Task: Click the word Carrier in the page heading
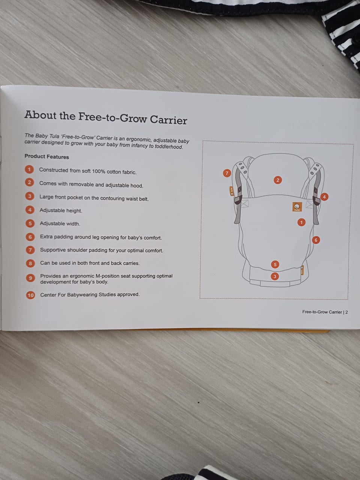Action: pyautogui.click(x=168, y=120)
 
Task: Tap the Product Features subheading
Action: pyautogui.click(x=46, y=156)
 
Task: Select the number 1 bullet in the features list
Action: pyautogui.click(x=29, y=169)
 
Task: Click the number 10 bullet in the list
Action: pyautogui.click(x=31, y=295)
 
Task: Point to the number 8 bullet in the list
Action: pyautogui.click(x=30, y=264)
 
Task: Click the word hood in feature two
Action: pyautogui.click(x=136, y=186)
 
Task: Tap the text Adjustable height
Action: pyautogui.click(x=61, y=210)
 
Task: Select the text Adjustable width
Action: pyautogui.click(x=60, y=223)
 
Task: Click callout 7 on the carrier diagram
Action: pyautogui.click(x=227, y=173)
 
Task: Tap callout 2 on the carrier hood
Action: pyautogui.click(x=277, y=180)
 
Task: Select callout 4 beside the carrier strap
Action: pyautogui.click(x=324, y=197)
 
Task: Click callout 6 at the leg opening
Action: pyautogui.click(x=316, y=240)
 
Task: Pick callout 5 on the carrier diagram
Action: pyautogui.click(x=275, y=265)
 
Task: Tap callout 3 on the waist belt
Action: pyautogui.click(x=275, y=276)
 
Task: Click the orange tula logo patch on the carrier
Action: pyautogui.click(x=297, y=207)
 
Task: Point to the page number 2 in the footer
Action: pyautogui.click(x=346, y=312)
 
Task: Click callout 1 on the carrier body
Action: pyautogui.click(x=301, y=222)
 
